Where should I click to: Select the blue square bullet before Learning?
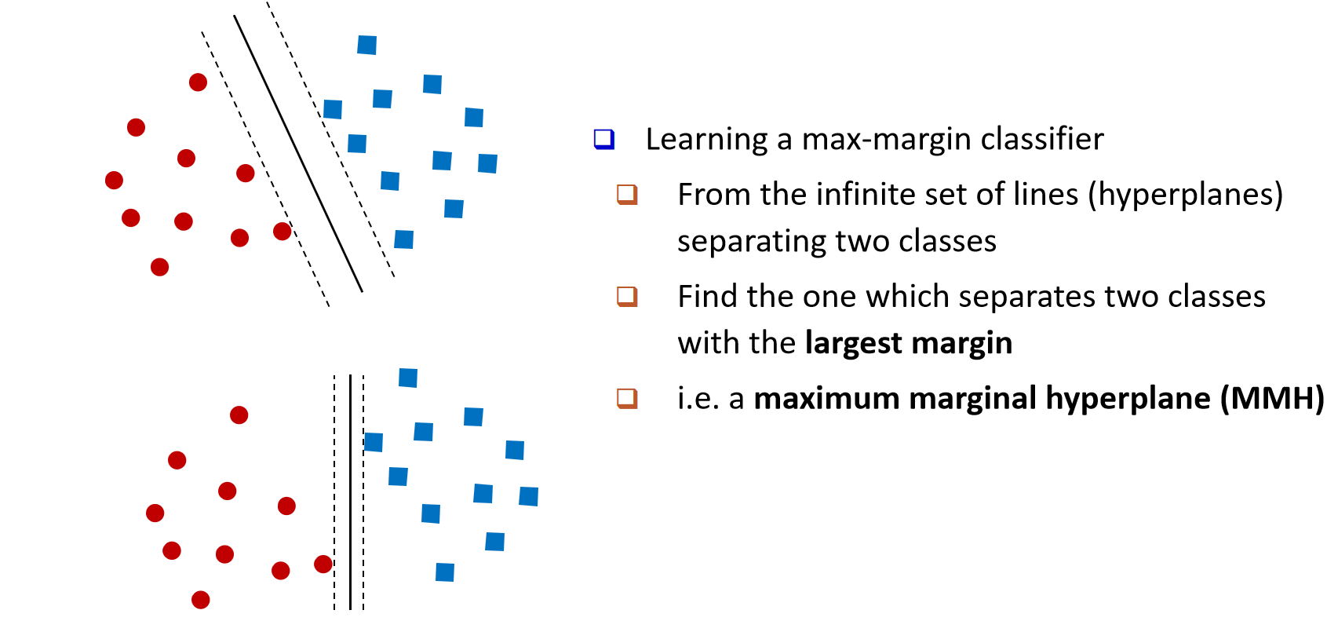603,139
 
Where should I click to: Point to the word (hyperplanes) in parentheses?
1185,195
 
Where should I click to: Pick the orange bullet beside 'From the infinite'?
627,194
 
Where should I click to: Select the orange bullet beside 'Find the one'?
627,296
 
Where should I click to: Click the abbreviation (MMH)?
1272,398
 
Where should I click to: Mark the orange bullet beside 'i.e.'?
627,398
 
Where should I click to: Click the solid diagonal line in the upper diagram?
298,154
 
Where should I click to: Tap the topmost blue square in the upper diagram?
366,45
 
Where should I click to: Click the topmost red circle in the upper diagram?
198,82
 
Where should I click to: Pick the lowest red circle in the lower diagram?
201,600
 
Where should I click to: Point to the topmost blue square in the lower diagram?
408,378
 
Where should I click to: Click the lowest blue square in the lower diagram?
445,572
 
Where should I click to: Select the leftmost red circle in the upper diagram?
114,181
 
